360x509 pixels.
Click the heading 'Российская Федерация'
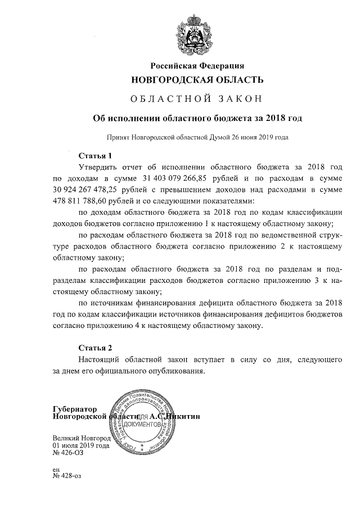click(196, 66)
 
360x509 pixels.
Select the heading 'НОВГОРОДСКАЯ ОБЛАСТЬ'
click(196, 80)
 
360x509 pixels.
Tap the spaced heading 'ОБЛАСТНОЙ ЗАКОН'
click(196, 100)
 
